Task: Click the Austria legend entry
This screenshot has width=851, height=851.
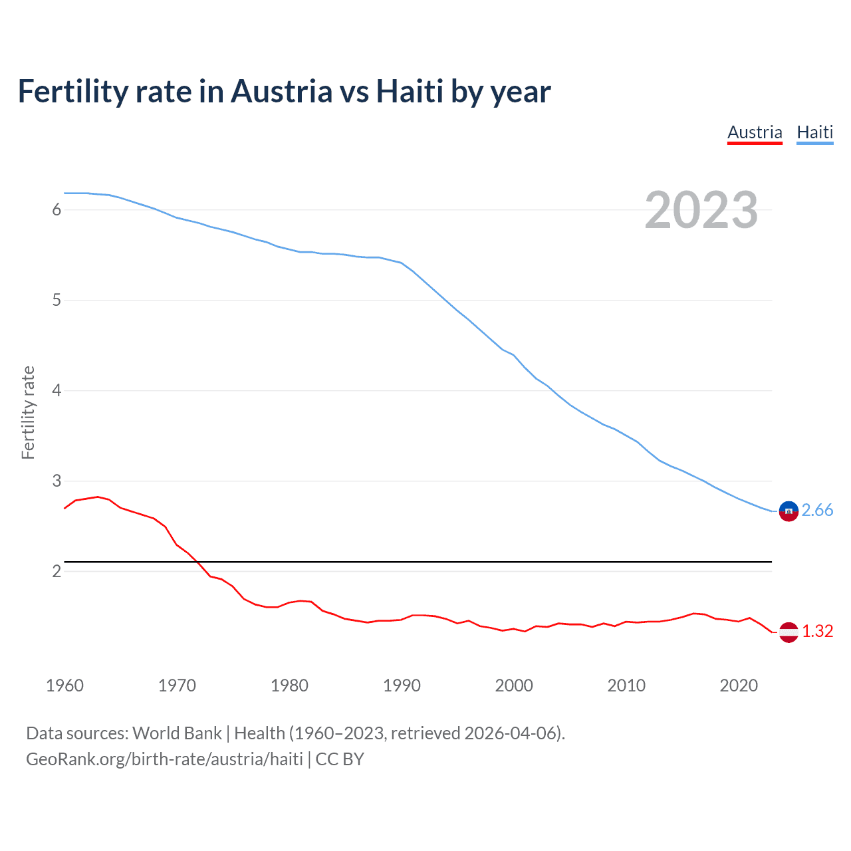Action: click(755, 132)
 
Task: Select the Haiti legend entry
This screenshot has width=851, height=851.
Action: click(814, 132)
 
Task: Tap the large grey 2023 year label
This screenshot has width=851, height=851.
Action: click(701, 210)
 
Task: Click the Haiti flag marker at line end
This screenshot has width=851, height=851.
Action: click(789, 511)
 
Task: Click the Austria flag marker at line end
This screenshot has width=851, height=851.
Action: click(789, 632)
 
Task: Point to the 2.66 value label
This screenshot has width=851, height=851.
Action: click(817, 510)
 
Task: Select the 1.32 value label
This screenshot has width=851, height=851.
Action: click(817, 631)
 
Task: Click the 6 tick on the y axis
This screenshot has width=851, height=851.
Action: click(57, 210)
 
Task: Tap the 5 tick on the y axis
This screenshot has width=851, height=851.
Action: click(57, 301)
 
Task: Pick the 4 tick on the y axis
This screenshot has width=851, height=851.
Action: click(57, 390)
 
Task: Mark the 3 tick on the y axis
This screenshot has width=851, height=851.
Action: click(57, 481)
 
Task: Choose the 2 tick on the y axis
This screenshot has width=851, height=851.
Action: click(57, 571)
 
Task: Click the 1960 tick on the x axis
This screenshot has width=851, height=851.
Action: click(64, 685)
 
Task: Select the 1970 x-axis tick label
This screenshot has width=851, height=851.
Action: click(177, 685)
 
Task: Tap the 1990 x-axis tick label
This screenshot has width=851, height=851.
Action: click(402, 685)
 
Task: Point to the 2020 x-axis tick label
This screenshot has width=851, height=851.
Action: click(739, 685)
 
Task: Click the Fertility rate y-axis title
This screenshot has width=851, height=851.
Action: click(28, 412)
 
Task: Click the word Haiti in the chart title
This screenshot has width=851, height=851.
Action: click(410, 91)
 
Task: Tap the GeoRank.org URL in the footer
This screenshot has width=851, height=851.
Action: click(164, 759)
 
